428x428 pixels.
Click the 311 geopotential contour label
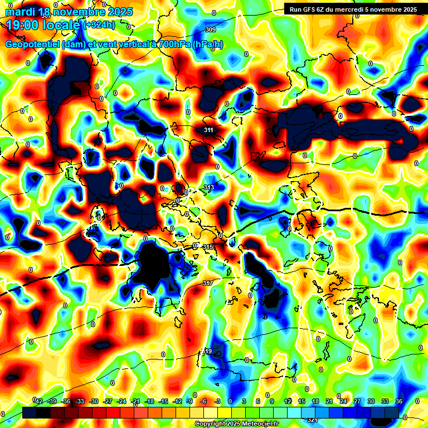click(208, 130)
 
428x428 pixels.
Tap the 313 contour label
click(209, 187)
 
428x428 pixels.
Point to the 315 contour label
click(208, 247)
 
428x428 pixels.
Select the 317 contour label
click(207, 284)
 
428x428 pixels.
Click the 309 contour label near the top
click(211, 30)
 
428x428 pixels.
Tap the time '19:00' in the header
click(23, 25)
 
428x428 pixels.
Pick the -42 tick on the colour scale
click(38, 401)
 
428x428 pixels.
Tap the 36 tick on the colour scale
click(399, 401)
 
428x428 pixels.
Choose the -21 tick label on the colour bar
click(135, 401)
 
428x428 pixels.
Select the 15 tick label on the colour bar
click(301, 401)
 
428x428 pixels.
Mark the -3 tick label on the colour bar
click(218, 401)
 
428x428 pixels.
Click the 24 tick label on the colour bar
click(343, 401)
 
